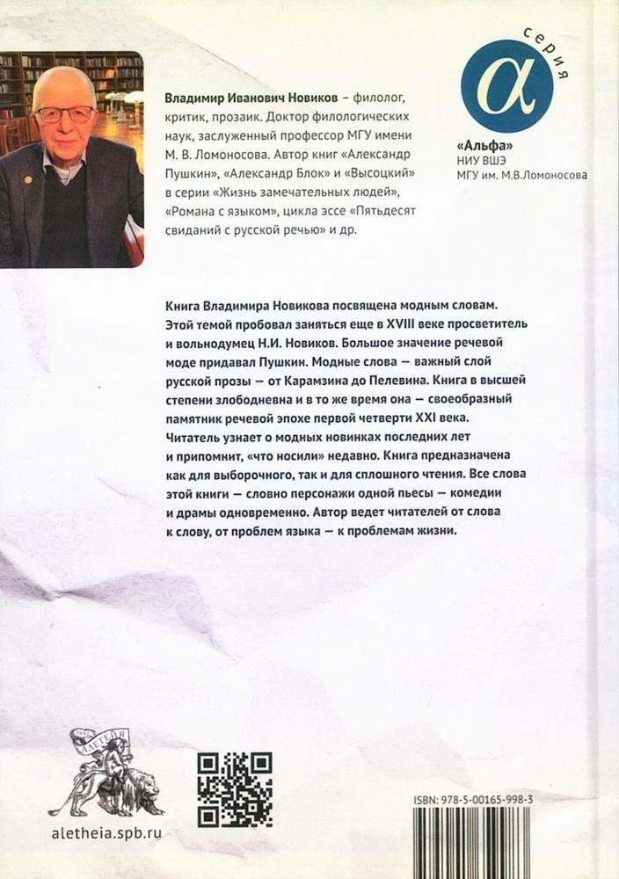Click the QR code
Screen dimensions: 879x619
tap(234, 789)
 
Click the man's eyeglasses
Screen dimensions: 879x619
tap(65, 114)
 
